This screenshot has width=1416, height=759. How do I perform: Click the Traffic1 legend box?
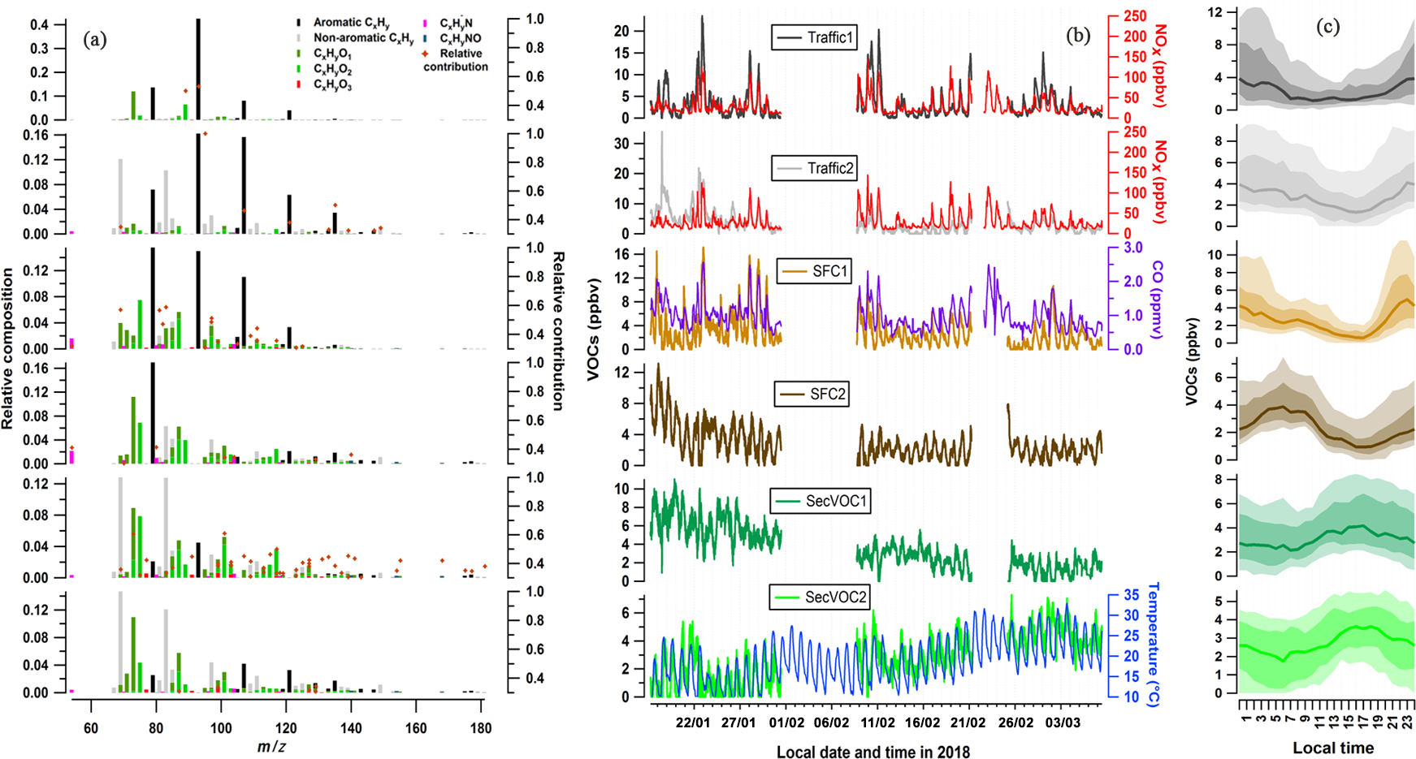(x=813, y=37)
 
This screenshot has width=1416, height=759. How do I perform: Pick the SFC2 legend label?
(x=812, y=395)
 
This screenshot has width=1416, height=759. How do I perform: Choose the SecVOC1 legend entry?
(x=820, y=501)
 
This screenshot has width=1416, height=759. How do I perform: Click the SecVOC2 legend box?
(x=820, y=597)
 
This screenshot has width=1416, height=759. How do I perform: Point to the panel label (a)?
(x=95, y=40)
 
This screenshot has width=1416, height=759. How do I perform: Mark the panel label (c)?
(x=1327, y=27)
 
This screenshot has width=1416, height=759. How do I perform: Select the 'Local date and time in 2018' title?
(x=873, y=752)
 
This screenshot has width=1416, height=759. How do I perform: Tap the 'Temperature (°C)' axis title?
(x=1153, y=645)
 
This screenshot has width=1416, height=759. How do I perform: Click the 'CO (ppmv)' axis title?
(x=1157, y=300)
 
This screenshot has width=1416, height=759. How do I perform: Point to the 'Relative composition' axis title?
(x=8, y=349)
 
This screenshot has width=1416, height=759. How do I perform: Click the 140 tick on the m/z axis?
(x=351, y=728)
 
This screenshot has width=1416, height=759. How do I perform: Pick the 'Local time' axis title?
(x=1333, y=748)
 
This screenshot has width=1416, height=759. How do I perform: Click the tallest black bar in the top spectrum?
(x=198, y=69)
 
